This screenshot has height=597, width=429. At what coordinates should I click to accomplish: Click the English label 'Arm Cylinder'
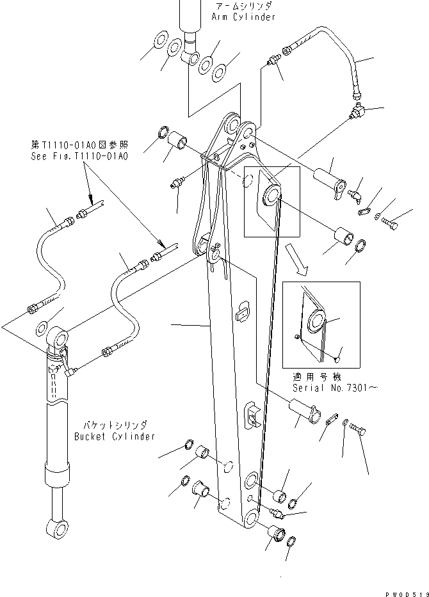(245, 17)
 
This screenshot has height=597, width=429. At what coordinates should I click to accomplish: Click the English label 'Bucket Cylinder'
(115, 436)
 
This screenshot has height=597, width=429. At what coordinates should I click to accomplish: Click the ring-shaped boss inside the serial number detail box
(315, 321)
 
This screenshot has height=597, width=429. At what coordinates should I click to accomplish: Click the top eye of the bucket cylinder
(60, 335)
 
